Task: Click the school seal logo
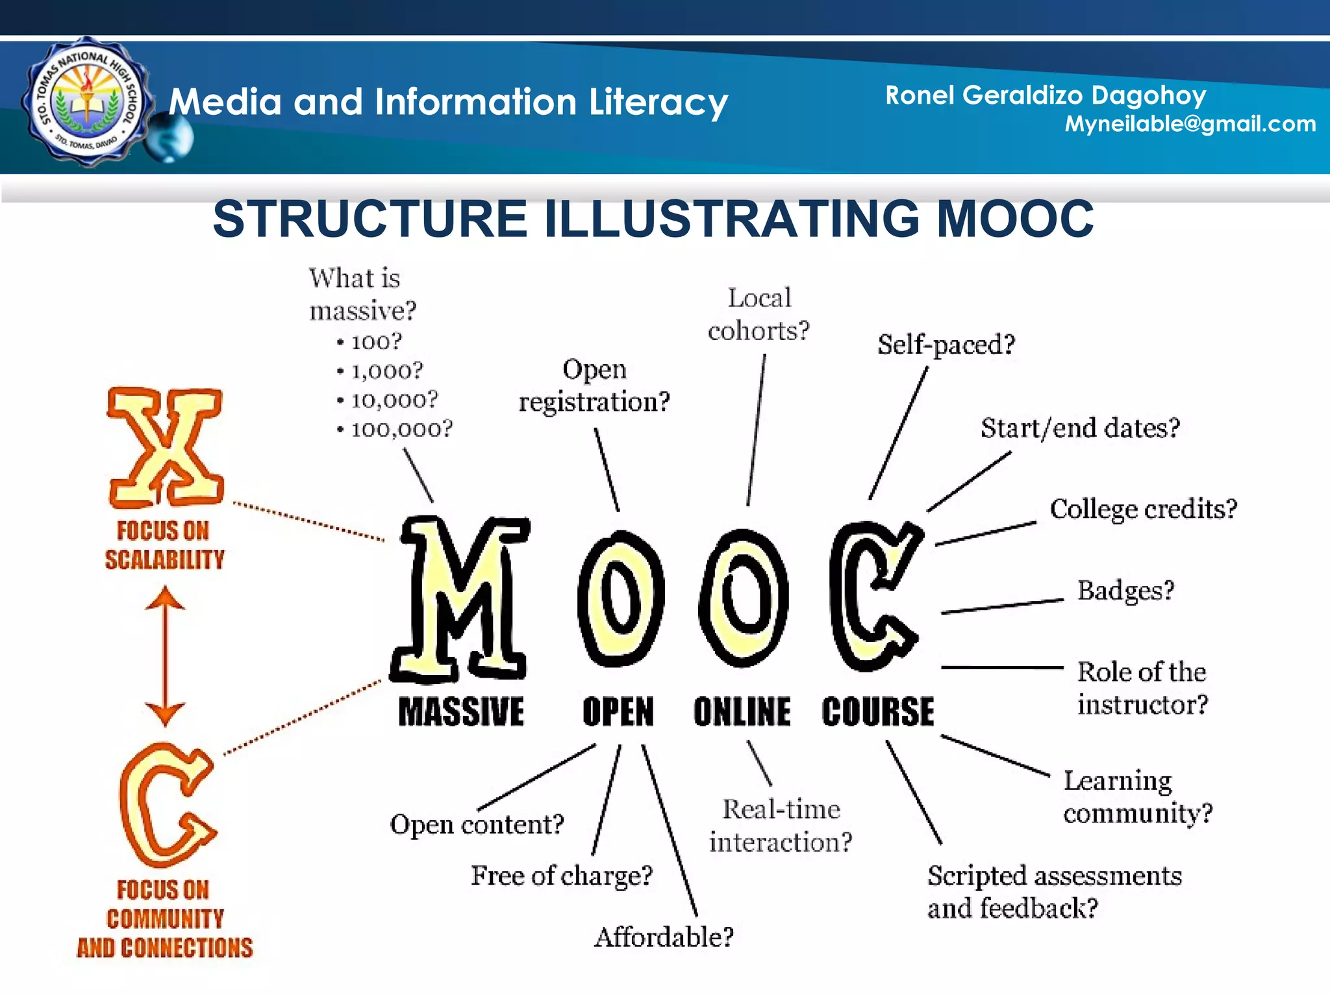[x=87, y=103]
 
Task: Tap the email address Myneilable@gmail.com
[x=1190, y=123]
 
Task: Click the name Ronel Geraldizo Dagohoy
[x=1046, y=95]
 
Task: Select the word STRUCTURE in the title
[x=370, y=219]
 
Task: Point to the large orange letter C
[x=168, y=805]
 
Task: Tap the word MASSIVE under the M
[x=461, y=711]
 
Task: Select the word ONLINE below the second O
[x=742, y=711]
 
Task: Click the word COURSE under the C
[x=878, y=711]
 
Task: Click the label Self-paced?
[x=946, y=344]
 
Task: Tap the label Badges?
[x=1126, y=591]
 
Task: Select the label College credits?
[x=1144, y=509]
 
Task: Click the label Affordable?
[x=664, y=937]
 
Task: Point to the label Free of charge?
[x=562, y=876]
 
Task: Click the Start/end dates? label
[x=1080, y=428]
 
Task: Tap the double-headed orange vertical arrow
[x=165, y=656]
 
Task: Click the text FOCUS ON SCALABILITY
[x=165, y=545]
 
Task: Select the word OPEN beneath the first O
[x=618, y=711]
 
